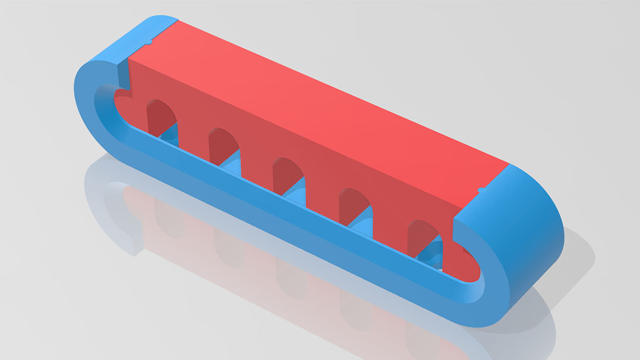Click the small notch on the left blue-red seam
[149, 42]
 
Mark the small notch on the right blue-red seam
[481, 189]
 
